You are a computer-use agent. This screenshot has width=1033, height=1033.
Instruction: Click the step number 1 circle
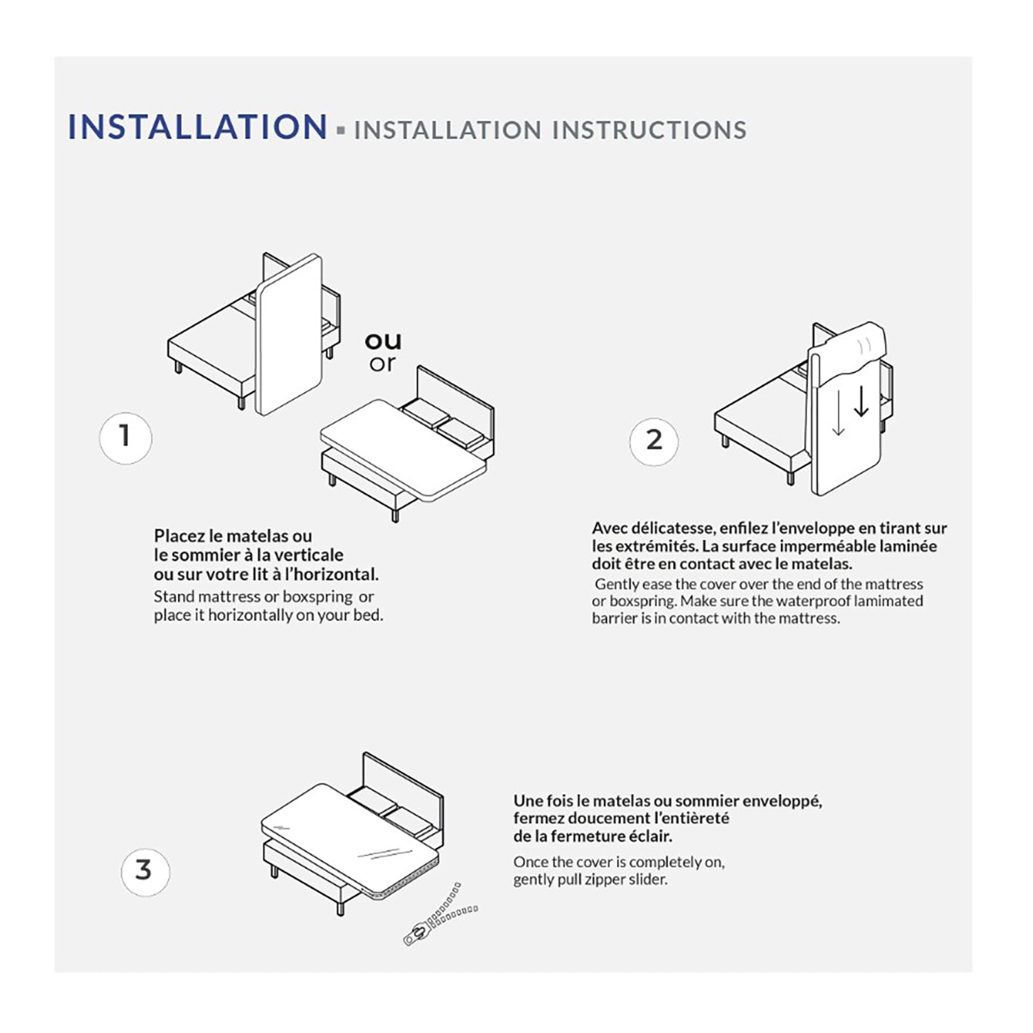(125, 437)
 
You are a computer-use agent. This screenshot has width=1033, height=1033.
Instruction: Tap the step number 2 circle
(654, 441)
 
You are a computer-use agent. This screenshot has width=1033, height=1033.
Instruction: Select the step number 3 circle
(145, 870)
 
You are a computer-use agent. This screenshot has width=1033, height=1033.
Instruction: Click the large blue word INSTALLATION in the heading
(197, 127)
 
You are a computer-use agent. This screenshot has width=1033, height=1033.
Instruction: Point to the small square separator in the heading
(340, 129)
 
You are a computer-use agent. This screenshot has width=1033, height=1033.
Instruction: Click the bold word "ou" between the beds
(383, 340)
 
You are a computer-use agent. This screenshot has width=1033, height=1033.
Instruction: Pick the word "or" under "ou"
(382, 363)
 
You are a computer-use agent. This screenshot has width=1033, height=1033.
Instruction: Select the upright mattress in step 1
(289, 335)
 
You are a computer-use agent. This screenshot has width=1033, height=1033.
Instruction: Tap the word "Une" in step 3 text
(528, 801)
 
